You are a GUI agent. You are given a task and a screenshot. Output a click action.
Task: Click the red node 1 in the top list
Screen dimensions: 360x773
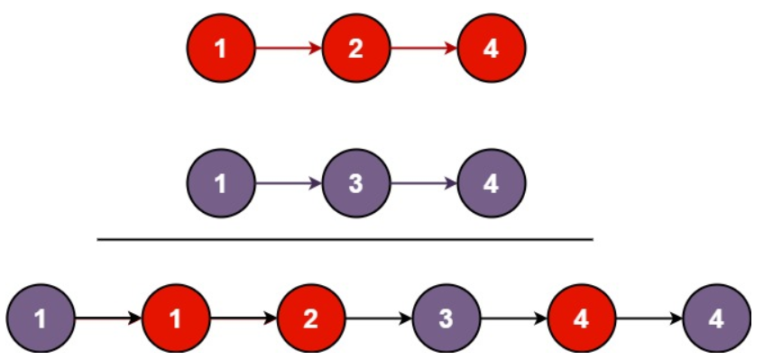pos(221,48)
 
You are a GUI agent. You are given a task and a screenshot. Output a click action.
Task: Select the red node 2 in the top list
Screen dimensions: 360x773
pos(355,48)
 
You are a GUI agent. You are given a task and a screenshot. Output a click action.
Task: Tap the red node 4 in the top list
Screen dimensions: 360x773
pos(491,48)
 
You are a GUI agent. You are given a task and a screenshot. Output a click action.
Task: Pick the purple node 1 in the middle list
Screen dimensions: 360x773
pos(221,183)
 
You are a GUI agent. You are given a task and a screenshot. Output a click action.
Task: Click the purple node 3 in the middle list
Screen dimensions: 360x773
pos(355,183)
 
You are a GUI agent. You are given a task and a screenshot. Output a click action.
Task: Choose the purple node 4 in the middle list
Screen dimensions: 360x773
pos(491,183)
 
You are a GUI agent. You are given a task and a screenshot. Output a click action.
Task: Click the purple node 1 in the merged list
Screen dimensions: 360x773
pos(41,318)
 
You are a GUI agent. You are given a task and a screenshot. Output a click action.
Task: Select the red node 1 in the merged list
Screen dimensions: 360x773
pos(176,318)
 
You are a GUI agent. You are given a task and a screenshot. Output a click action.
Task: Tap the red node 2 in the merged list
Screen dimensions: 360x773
pos(311,318)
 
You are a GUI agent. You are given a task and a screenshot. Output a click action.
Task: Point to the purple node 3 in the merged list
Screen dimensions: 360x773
pos(446,318)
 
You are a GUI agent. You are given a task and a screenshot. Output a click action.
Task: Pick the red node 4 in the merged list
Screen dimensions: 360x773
pos(582,318)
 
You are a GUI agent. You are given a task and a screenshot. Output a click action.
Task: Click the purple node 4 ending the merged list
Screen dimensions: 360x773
pos(717,318)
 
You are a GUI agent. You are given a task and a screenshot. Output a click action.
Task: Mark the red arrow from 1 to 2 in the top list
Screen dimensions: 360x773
pos(288,48)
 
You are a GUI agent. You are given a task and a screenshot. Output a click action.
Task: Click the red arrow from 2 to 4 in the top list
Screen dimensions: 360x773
pos(423,48)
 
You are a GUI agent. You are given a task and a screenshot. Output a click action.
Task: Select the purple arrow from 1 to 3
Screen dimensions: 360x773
pos(288,183)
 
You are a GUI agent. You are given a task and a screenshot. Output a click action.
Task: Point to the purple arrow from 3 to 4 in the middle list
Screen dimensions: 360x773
pos(423,183)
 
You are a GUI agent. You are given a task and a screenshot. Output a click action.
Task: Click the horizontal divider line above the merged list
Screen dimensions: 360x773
pos(345,240)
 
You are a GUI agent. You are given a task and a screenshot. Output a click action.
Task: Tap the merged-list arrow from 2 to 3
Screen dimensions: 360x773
pos(379,318)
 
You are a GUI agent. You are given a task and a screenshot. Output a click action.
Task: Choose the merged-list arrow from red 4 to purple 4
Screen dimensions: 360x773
pos(649,318)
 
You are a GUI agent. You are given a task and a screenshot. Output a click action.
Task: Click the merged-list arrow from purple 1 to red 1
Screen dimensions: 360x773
pos(108,318)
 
